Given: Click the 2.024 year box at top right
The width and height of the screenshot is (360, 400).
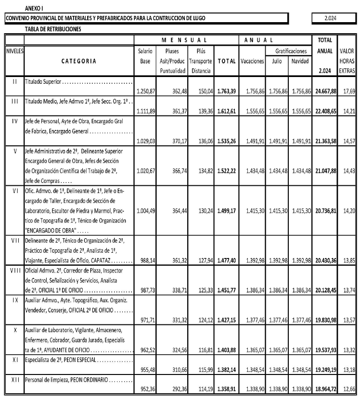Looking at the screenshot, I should [x=330, y=18].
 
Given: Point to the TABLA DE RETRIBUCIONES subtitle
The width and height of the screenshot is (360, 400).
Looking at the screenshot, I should [x=53, y=29].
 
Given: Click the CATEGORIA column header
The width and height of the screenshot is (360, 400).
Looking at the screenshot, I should [x=79, y=61].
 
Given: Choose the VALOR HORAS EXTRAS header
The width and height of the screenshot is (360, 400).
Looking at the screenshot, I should [x=347, y=61].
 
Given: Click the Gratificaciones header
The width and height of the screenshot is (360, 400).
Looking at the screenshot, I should [x=291, y=51].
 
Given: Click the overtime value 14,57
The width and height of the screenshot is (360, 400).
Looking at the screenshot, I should [x=347, y=142].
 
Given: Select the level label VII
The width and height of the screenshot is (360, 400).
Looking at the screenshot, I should [x=14, y=239].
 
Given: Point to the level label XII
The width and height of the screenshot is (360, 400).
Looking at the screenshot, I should [x=14, y=380].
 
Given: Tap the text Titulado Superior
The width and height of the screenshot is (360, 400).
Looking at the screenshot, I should [x=43, y=81].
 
